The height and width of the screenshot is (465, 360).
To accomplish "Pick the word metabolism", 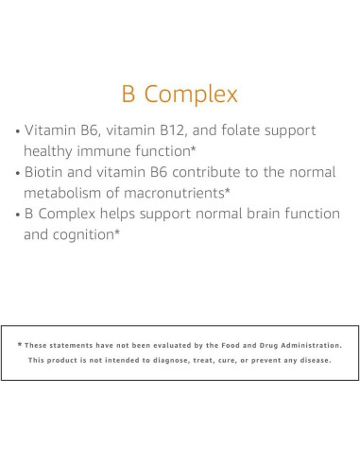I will click(69, 193).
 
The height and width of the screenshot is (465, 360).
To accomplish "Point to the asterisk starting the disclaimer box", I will click(19, 345).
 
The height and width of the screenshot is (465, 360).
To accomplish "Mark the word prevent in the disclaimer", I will click(274, 361).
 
